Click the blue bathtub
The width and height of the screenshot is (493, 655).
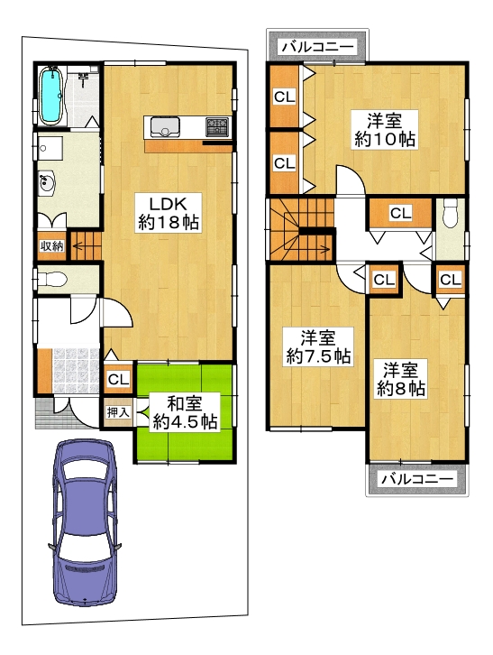point(50,96)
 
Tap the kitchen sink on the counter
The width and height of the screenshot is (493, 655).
point(165,126)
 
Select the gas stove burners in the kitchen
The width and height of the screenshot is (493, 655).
point(217,126)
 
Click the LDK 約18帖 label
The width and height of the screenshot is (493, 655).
point(169,213)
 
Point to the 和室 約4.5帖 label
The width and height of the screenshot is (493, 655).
point(184,412)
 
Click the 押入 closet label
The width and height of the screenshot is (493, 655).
point(118,412)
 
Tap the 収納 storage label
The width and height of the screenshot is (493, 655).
point(51,246)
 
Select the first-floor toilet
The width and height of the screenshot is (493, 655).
point(51,279)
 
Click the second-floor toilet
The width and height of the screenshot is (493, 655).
point(450,213)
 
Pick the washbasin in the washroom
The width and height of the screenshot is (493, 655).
point(47,184)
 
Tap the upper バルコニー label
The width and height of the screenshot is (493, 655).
point(318,46)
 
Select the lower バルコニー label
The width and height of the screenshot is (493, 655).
point(417,479)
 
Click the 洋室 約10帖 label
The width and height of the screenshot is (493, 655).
point(385,129)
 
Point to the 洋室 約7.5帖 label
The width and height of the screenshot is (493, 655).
point(318,346)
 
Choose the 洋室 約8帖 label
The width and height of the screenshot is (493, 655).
point(401,379)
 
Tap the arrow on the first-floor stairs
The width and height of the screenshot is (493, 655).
point(87,246)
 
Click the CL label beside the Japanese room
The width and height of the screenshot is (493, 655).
point(118,379)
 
